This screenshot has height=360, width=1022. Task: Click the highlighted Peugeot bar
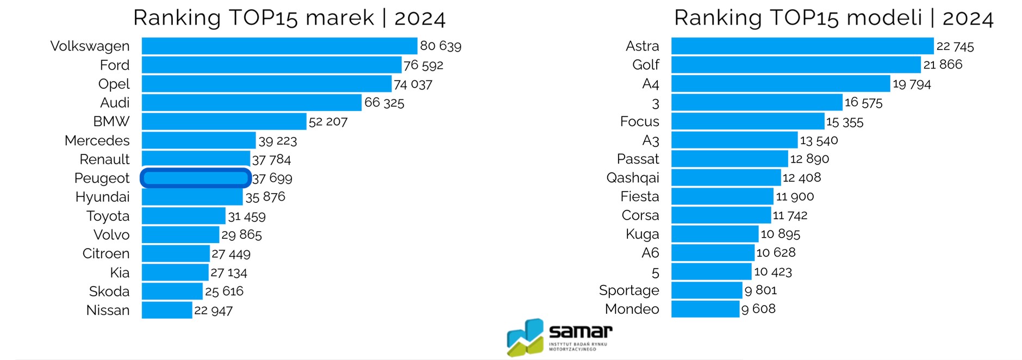pos(196,178)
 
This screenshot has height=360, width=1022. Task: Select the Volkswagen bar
pos(279,46)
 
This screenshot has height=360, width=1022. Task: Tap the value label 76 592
pos(423,65)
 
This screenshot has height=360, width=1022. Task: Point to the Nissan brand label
pos(108,311)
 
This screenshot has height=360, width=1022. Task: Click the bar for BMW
pos(224,121)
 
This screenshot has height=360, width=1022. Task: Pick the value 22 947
pos(213,311)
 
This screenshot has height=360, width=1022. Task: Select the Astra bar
pos(802,46)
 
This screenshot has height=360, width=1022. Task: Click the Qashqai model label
pos(632,178)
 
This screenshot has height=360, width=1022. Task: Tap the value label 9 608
pos(758,309)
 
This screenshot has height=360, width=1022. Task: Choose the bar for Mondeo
pos(705,309)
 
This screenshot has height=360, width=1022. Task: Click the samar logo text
pos(581,331)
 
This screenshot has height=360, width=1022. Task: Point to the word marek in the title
pos(340,18)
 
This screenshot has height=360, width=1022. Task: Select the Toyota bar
pos(184,216)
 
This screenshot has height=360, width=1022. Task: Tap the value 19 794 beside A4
pos(912,84)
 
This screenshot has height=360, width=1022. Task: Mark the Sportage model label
pos(628,290)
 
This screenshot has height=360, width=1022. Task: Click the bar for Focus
pos(747,121)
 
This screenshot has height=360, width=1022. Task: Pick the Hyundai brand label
pos(102,197)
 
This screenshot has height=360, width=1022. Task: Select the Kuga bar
pos(715,234)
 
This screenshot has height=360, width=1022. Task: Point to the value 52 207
pos(328,122)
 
